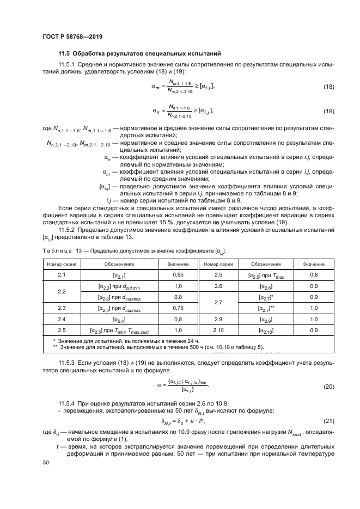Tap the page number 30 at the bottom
click(46, 462)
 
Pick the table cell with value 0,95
click(178, 275)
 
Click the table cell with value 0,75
click(178, 308)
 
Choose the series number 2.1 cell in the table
click(61, 275)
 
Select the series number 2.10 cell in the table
click(219, 329)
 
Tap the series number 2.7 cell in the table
click(219, 302)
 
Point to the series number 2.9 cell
click(219, 318)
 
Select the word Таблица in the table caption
click(57, 251)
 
